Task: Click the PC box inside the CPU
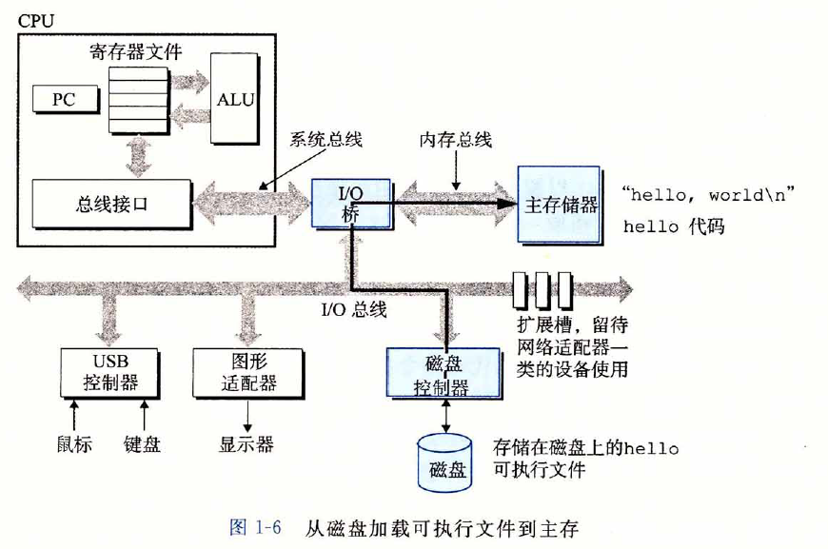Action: pyautogui.click(x=63, y=98)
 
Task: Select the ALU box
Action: pyautogui.click(x=235, y=99)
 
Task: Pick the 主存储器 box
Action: pyautogui.click(x=560, y=204)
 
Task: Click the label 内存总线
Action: pyautogui.click(x=456, y=140)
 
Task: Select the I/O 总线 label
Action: pyautogui.click(x=353, y=308)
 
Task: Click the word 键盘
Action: pyautogui.click(x=143, y=443)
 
